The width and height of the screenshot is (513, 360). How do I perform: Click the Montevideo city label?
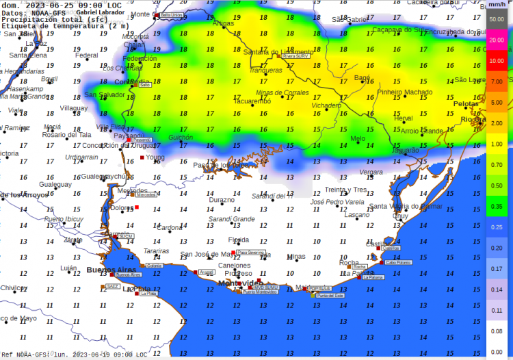[x=239, y=283]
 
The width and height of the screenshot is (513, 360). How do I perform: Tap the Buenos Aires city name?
[x=107, y=270]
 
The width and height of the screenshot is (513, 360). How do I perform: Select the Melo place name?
[x=358, y=138]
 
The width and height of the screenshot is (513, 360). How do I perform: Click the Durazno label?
[x=221, y=200]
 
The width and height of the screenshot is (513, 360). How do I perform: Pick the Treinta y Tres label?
[x=345, y=190]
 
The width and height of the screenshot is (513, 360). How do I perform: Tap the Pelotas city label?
[x=466, y=104]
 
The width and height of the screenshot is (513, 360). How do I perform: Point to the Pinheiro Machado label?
[x=405, y=92]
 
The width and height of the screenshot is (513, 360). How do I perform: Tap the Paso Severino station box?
[x=250, y=253]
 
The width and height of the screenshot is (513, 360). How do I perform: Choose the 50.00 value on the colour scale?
[x=497, y=18]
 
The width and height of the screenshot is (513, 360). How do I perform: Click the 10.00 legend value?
[x=497, y=61]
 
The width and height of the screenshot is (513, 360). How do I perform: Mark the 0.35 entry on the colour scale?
[x=497, y=206]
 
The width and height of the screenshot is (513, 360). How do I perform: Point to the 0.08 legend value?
[x=497, y=331]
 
